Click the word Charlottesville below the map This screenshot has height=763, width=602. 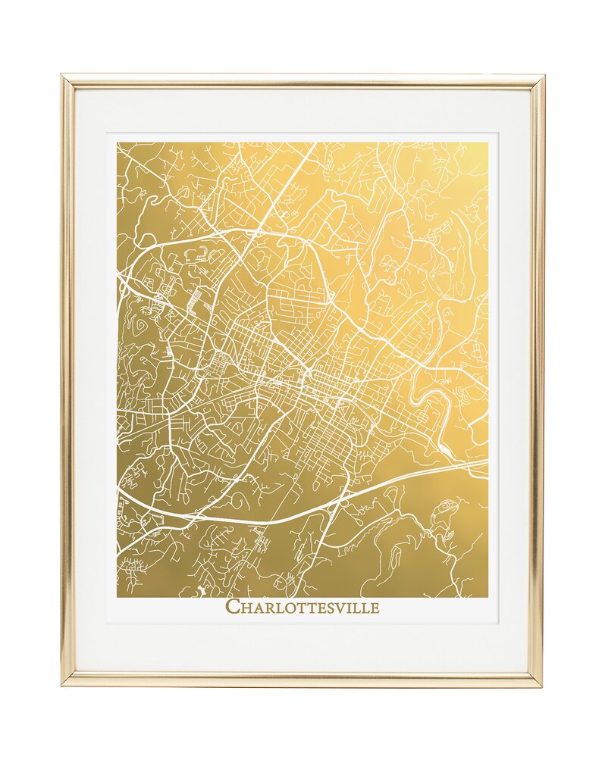click(303, 606)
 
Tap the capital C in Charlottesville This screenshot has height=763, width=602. click(233, 606)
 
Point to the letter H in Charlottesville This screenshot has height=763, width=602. click(246, 607)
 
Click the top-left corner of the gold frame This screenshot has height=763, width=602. click(64, 77)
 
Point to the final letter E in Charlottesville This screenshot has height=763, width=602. click(374, 607)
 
